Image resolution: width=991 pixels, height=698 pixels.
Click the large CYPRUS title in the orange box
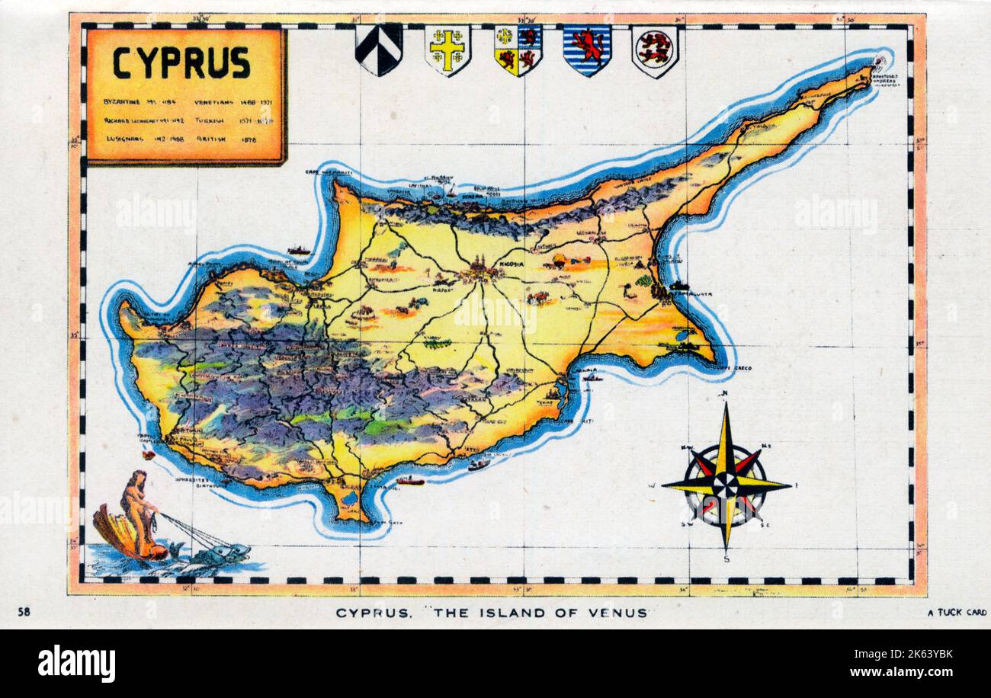coord(181,62)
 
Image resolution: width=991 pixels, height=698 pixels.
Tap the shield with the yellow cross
coord(447,49)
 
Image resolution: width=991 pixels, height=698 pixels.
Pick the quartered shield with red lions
coord(518,49)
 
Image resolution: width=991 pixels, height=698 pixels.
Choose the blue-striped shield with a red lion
coord(586,49)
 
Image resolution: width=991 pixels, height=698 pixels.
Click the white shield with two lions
coord(654,50)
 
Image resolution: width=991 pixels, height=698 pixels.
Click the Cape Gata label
coord(386,522)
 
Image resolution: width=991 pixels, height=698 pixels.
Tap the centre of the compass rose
coord(726,484)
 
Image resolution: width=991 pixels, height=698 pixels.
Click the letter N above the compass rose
coord(726,394)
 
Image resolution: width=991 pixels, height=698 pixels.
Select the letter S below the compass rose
coord(726,559)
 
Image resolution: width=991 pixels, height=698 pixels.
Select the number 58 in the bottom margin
coord(24,611)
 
